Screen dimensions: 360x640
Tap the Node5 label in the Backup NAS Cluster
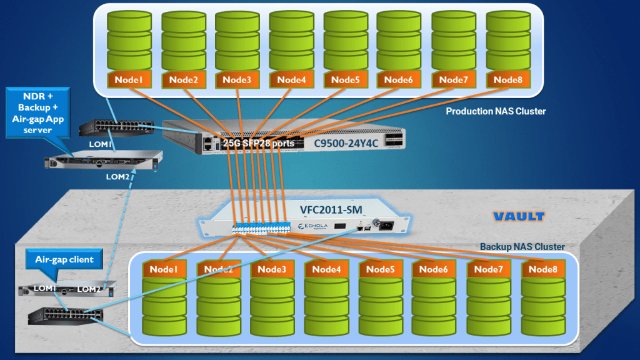(x=380, y=269)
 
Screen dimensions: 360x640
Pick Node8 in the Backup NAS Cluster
(x=542, y=269)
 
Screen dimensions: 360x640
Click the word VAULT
(x=517, y=217)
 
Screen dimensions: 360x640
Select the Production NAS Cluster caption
(x=496, y=111)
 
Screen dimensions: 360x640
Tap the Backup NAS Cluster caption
(x=522, y=247)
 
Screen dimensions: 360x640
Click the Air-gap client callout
(x=64, y=259)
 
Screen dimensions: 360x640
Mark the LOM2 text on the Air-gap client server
(x=89, y=289)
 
